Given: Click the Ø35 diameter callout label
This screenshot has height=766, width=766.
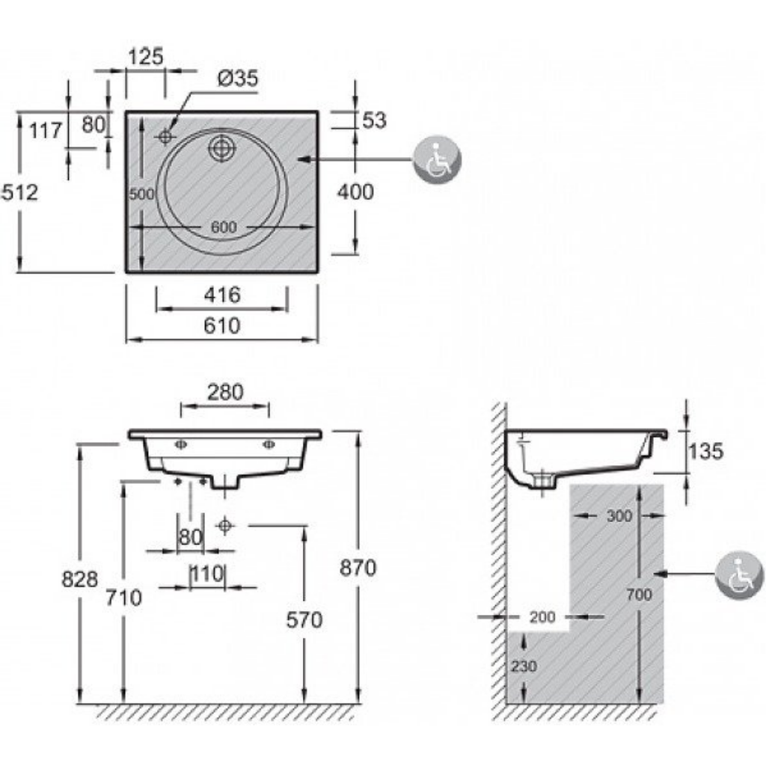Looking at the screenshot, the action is click(x=237, y=78).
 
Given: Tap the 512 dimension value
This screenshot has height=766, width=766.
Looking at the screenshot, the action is click(x=19, y=192).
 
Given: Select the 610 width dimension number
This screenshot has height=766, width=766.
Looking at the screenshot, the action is click(x=222, y=325).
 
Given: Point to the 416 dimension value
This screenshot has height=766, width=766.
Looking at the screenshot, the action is click(x=222, y=295).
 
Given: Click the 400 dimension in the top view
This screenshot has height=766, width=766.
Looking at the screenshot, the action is click(x=355, y=191).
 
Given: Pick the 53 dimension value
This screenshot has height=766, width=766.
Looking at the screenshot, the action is click(x=374, y=120).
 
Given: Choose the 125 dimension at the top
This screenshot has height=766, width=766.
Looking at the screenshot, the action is click(x=145, y=57).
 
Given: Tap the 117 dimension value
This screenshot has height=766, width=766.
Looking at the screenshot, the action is click(x=46, y=130).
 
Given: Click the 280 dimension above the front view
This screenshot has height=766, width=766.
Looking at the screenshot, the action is click(x=225, y=392).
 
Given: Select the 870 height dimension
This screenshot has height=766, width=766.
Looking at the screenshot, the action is click(x=358, y=568).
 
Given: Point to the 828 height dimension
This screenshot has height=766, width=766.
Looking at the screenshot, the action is click(x=80, y=580).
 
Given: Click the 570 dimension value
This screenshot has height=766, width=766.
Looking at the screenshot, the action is click(x=304, y=620).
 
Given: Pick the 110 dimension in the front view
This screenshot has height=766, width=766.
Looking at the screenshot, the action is click(x=207, y=574).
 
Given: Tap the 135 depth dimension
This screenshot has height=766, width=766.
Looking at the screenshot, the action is click(x=706, y=451).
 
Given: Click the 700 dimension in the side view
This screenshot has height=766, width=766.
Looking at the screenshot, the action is click(x=640, y=595).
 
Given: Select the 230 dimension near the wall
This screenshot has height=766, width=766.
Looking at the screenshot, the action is click(x=524, y=666).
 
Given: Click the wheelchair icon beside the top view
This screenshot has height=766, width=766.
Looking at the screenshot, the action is click(x=437, y=160).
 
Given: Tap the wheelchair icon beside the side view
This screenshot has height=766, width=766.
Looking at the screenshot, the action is click(x=739, y=575).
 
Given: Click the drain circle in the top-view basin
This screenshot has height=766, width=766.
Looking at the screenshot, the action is click(x=222, y=149).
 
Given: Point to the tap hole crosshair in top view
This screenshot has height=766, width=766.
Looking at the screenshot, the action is click(x=165, y=137).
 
